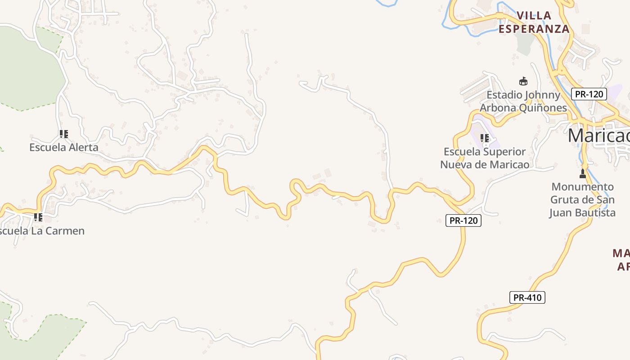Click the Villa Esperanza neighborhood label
click(x=534, y=22)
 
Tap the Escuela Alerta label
click(x=63, y=147)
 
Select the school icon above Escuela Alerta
click(x=64, y=134)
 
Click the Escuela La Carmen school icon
click(x=38, y=217)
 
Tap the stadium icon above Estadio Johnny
click(x=523, y=81)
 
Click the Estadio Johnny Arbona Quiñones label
click(x=523, y=101)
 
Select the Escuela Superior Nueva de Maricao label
click(x=485, y=158)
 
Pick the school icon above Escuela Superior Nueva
click(x=485, y=138)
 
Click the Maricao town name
click(x=598, y=135)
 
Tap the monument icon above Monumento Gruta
click(x=583, y=173)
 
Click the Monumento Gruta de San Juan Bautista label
click(x=582, y=199)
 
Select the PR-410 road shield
click(x=527, y=297)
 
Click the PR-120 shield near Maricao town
click(x=589, y=94)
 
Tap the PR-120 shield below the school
click(x=463, y=220)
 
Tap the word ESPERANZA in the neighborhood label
click(x=534, y=29)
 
